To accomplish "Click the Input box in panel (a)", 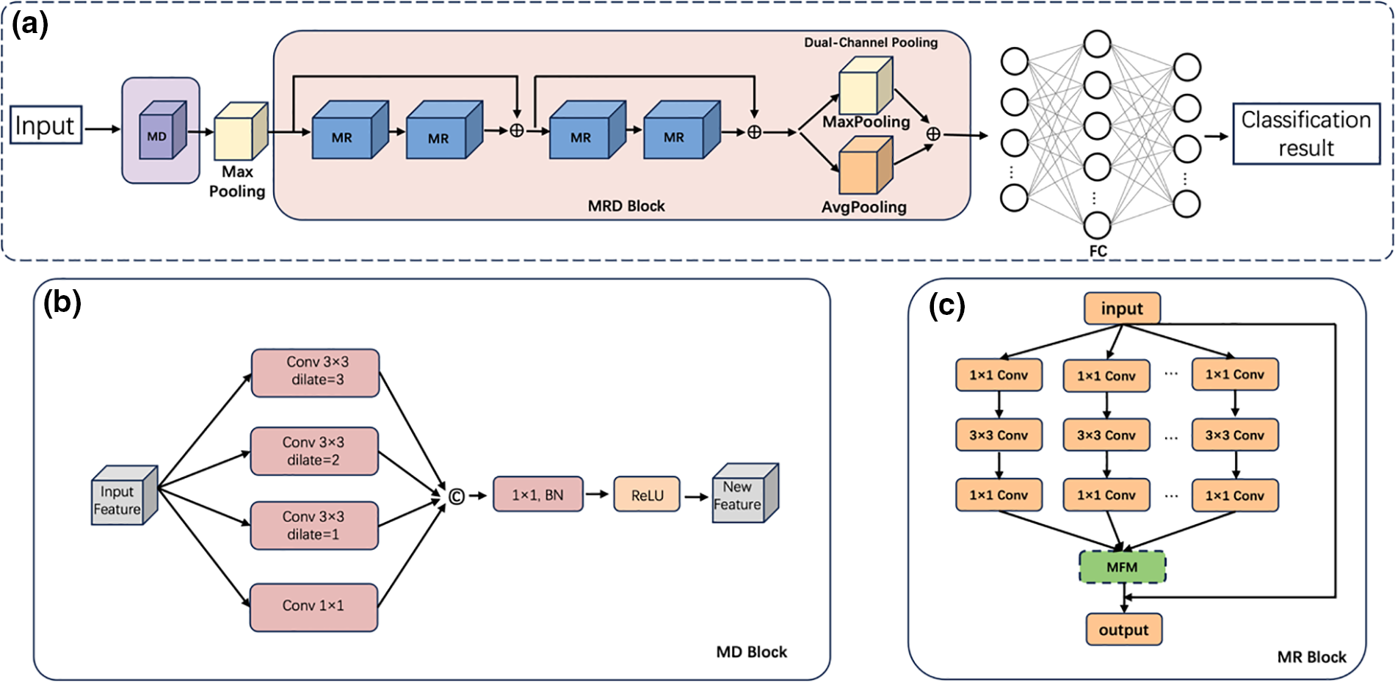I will (46, 126).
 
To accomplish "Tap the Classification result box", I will (1305, 134).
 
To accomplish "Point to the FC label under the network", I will (1098, 251).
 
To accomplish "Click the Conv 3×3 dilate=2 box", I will (314, 451).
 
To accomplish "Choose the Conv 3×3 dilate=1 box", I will (314, 526).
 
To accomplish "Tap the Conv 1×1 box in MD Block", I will (314, 606).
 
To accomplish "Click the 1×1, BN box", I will (538, 495).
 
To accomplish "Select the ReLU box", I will (647, 495).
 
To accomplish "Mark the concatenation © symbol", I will (456, 497).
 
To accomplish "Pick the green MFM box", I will (1122, 567).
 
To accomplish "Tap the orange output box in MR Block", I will (1123, 630).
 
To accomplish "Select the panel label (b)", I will (62, 302).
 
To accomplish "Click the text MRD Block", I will (626, 206).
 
